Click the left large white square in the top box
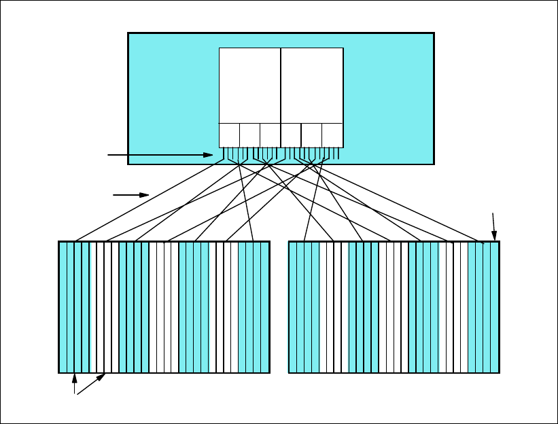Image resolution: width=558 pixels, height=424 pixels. point(249,85)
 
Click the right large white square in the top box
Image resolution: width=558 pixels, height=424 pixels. point(312,85)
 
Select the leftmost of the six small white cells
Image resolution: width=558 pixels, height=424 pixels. point(229,135)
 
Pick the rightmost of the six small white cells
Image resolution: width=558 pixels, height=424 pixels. point(332,135)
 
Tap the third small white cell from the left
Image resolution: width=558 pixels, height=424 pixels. point(271,135)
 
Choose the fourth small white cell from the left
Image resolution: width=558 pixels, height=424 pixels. point(291,135)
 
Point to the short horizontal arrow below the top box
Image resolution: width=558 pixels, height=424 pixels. point(131,194)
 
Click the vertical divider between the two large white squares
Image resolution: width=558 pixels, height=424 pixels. point(281,85)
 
